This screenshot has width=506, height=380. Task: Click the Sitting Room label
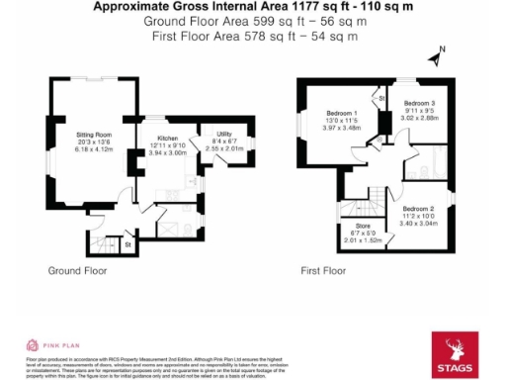tap(95, 133)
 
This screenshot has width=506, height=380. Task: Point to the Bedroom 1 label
tap(342, 114)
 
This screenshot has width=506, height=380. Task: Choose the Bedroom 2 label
tap(418, 209)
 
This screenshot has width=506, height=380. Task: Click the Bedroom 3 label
tap(418, 104)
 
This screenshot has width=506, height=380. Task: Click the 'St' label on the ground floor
tap(127, 241)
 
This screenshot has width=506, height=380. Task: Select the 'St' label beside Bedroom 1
tap(380, 100)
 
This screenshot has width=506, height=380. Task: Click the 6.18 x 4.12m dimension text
tap(95, 149)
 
